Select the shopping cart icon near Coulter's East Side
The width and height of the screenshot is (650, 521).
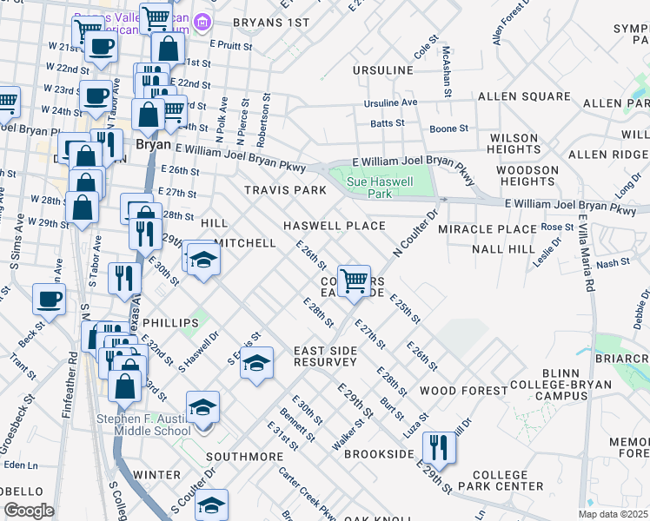354,281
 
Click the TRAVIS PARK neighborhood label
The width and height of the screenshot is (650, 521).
285,190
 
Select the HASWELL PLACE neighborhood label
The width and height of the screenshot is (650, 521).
335,226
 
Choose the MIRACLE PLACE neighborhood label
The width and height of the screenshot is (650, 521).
487,228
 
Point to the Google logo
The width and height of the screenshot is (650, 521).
29,510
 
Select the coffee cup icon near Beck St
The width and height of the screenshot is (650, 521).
50,300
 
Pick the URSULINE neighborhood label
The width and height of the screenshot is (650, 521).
384,69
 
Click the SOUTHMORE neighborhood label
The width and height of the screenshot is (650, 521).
245,456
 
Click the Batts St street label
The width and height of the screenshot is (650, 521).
388,124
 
